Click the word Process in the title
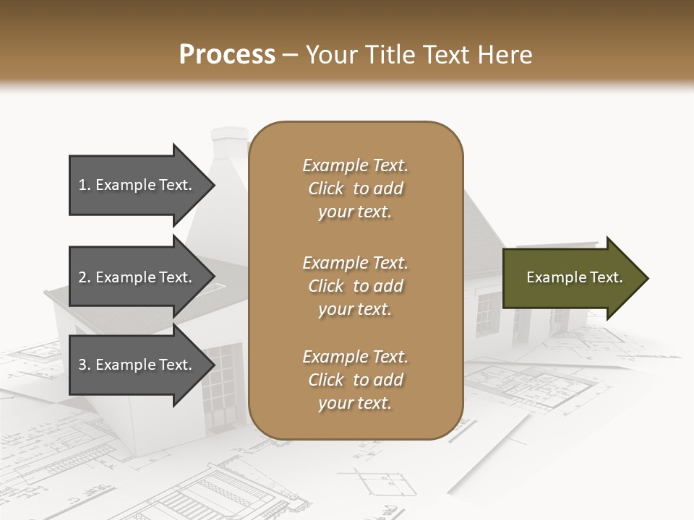tap(227, 54)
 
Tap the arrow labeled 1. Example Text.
tap(137, 185)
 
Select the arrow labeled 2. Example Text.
tap(137, 277)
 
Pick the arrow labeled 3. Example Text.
tap(137, 365)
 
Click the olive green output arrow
tap(571, 278)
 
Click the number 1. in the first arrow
tap(85, 185)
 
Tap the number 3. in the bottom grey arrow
tap(85, 365)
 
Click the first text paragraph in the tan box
tap(355, 188)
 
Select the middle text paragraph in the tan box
tap(355, 286)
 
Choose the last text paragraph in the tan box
tap(355, 380)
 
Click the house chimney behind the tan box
tap(230, 144)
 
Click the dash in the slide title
tap(291, 54)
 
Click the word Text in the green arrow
tap(607, 277)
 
